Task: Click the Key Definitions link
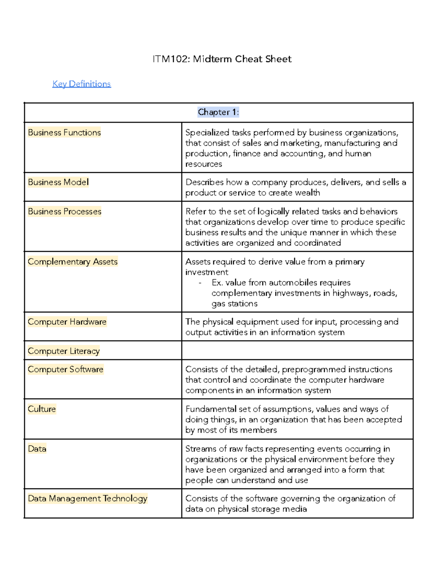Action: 81,84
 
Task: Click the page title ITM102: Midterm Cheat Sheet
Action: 222,59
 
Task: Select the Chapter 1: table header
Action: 218,112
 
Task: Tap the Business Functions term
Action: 64,133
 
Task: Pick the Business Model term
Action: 58,182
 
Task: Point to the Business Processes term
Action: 64,211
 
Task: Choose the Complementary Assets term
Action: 73,262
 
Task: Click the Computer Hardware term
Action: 67,322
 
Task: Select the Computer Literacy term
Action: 64,351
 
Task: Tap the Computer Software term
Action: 65,370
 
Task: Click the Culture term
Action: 42,409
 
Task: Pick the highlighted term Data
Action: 37,449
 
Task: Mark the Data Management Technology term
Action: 87,498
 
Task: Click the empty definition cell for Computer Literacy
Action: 297,350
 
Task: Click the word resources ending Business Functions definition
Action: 203,164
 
